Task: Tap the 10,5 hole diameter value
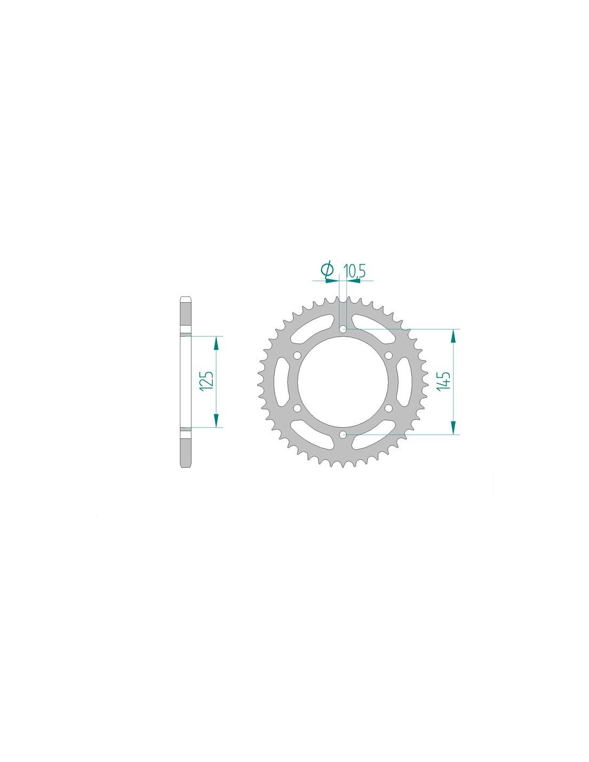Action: click(x=354, y=271)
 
